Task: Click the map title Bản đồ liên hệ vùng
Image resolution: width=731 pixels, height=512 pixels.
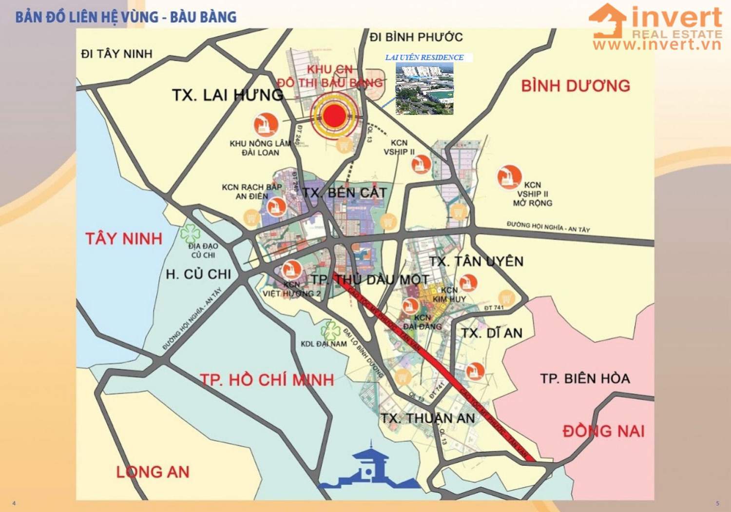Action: (126, 17)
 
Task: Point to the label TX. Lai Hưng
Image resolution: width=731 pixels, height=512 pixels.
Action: (227, 95)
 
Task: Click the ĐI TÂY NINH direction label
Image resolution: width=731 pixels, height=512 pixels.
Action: (116, 54)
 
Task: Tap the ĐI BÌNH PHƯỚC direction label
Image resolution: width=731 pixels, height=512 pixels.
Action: (416, 37)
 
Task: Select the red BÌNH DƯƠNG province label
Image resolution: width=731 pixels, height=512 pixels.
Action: (576, 86)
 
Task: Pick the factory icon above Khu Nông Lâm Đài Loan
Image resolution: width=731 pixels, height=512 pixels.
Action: (266, 124)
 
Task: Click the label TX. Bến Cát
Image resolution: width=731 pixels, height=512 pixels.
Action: (344, 193)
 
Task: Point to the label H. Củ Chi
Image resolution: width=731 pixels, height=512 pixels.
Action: (198, 274)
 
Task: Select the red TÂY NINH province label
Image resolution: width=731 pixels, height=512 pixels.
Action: (124, 239)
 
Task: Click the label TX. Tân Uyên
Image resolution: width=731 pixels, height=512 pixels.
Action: (476, 261)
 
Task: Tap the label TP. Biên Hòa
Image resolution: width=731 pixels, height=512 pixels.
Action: (585, 378)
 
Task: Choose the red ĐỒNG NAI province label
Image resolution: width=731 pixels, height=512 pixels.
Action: (603, 431)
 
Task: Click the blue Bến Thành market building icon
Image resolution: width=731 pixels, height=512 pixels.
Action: (369, 467)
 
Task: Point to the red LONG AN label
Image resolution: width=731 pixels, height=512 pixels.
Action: (153, 472)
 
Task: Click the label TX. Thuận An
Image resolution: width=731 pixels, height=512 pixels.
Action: (427, 418)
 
